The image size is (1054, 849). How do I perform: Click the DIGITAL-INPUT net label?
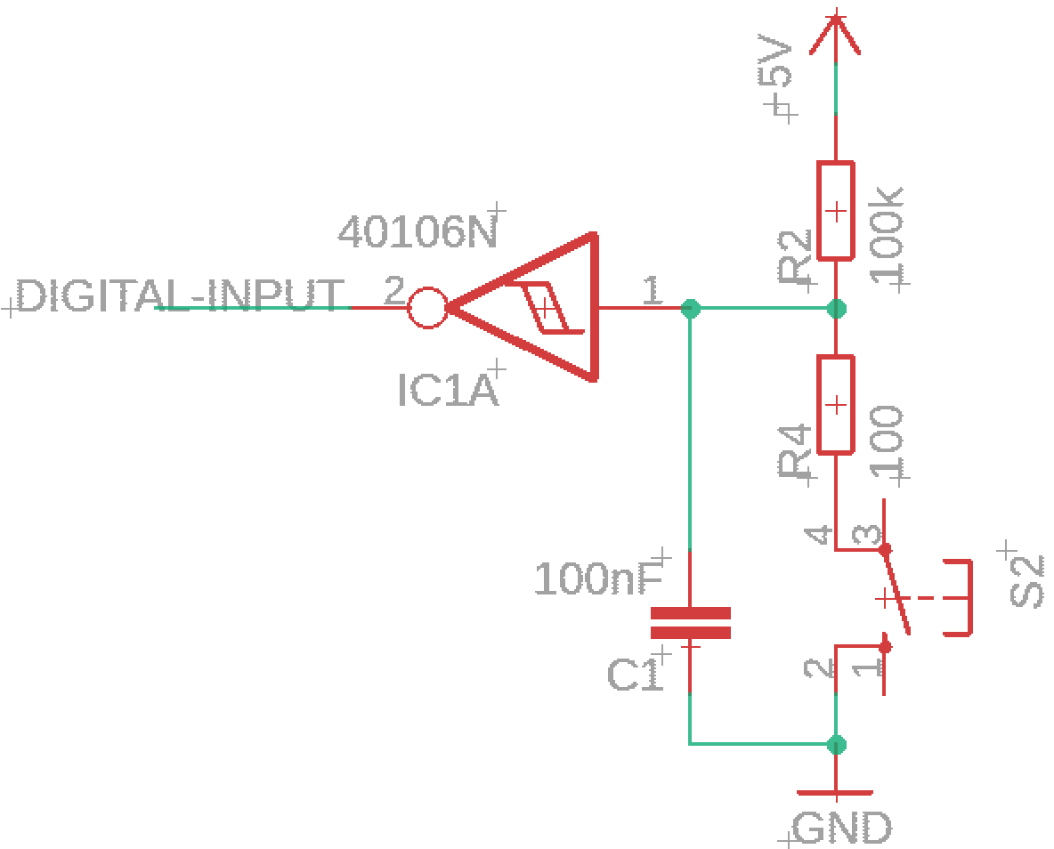180,295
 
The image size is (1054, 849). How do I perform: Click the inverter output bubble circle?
427,309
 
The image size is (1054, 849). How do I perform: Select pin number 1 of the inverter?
652,291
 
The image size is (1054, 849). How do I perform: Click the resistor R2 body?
836,210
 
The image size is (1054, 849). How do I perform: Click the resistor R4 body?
836,405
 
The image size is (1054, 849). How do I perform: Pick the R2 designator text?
795,257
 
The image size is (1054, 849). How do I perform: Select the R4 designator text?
795,451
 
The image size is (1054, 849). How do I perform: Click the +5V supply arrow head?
836,35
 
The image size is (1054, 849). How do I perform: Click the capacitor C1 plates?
690,622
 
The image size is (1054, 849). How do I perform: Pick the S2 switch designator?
1027,581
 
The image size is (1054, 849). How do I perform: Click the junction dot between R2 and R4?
836,309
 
